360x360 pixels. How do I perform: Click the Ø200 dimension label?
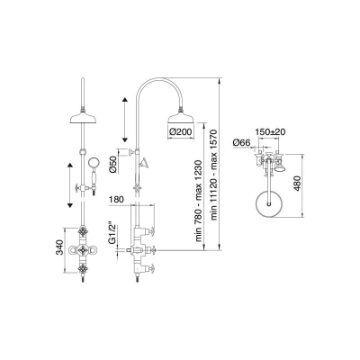click(181, 132)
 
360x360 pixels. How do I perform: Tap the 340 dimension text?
click(61, 247)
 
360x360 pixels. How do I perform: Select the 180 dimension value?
click(116, 200)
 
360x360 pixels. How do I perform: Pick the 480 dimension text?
click(297, 184)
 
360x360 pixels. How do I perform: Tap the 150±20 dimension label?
click(270, 131)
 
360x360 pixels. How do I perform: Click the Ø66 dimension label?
click(241, 143)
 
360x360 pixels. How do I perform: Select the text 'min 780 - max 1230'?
click(201, 201)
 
